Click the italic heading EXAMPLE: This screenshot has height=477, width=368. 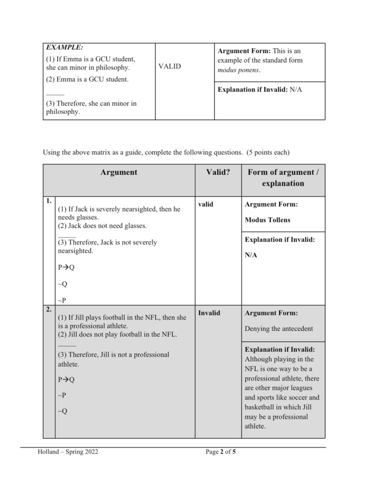(x=64, y=47)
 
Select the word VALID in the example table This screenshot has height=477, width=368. (x=169, y=66)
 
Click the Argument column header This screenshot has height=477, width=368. (x=119, y=172)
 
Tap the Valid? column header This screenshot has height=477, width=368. (x=218, y=172)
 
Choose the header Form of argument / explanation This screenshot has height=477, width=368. (x=283, y=178)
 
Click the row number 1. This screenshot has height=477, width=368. (x=49, y=201)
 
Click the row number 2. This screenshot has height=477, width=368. (x=49, y=309)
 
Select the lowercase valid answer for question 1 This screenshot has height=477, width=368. (x=205, y=204)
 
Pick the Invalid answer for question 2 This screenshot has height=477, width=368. (x=209, y=313)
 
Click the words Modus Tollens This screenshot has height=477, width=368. (x=267, y=220)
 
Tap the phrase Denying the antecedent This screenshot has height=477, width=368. (x=278, y=329)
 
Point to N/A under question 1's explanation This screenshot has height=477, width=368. (x=251, y=255)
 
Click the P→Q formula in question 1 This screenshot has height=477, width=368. (x=66, y=267)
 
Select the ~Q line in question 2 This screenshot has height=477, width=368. (x=62, y=411)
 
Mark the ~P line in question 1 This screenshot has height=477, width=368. (x=62, y=301)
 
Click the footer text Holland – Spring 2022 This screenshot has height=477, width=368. (x=68, y=452)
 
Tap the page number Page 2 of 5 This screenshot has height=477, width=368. (x=220, y=452)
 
